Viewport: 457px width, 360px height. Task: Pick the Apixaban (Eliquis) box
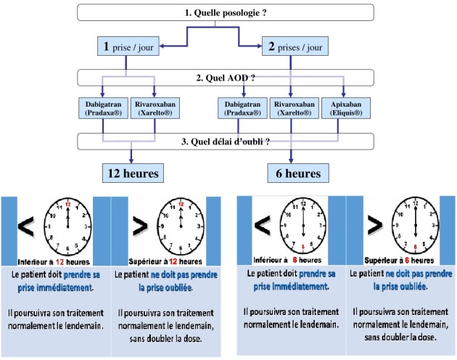(x=345, y=110)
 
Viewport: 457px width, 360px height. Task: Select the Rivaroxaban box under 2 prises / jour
(x=292, y=110)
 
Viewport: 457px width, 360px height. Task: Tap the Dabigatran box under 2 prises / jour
(x=242, y=110)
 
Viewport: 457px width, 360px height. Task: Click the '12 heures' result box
(x=131, y=173)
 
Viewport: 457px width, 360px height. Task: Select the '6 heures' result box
(x=293, y=173)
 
